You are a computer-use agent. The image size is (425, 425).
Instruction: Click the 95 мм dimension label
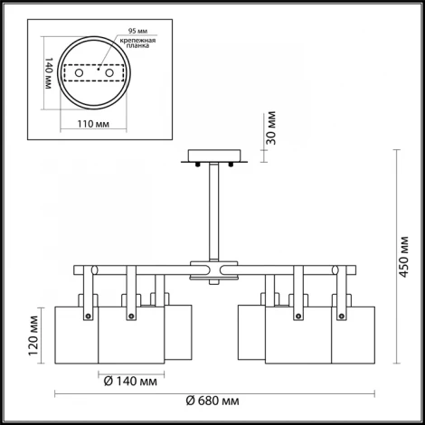coord(137,31)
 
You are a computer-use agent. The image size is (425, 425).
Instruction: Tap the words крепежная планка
coord(137,43)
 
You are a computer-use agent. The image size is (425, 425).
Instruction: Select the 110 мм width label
coord(93,124)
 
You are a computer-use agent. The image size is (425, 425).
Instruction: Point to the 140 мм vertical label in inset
coord(48,73)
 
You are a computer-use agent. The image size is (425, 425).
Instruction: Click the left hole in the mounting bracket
coord(79,72)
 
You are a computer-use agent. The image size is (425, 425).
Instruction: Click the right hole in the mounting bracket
coord(109,72)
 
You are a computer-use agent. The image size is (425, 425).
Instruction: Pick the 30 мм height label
coord(271,128)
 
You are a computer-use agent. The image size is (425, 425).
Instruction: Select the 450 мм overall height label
coord(403,257)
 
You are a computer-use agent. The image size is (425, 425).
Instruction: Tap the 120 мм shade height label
coord(33,335)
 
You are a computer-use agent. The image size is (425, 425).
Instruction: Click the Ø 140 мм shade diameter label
coord(130,382)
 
